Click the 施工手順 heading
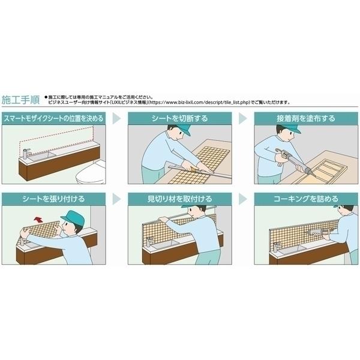(20, 100)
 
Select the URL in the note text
(199, 103)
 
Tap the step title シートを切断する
(179, 118)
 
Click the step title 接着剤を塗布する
(306, 118)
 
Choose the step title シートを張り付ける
(53, 199)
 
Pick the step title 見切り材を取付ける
(179, 199)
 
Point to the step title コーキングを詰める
(306, 199)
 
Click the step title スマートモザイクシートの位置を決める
(53, 118)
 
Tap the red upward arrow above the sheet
(38, 220)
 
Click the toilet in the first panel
(91, 172)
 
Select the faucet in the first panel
(26, 154)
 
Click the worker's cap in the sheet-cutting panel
(183, 130)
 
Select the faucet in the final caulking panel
(277, 247)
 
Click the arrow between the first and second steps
(116, 118)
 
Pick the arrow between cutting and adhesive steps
(243, 118)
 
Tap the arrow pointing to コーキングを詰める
(243, 199)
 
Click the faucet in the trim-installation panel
(149, 242)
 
